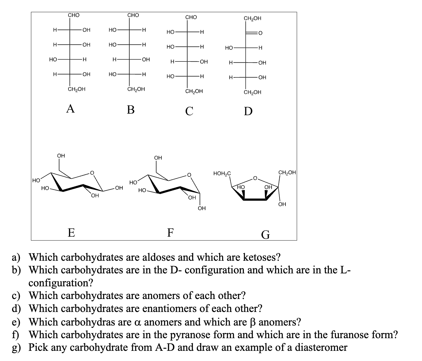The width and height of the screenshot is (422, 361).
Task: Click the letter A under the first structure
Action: (70, 109)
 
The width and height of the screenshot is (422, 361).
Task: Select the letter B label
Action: (131, 109)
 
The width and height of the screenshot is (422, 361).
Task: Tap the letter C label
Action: (189, 110)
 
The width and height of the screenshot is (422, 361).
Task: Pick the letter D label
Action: (248, 111)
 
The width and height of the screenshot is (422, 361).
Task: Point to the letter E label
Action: (71, 232)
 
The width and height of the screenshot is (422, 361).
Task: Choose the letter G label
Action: (265, 235)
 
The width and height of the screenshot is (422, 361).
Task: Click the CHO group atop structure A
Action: (74, 15)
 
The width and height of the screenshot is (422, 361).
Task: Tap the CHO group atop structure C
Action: (191, 17)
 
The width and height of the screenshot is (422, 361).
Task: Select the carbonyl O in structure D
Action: (260, 33)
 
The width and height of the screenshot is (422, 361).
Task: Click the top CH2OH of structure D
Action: (252, 18)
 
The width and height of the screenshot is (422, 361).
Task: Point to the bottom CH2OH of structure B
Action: (136, 89)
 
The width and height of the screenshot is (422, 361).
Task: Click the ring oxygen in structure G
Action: (255, 178)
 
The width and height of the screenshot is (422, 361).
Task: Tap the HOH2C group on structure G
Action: (222, 174)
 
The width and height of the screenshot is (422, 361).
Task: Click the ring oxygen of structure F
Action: (189, 175)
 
